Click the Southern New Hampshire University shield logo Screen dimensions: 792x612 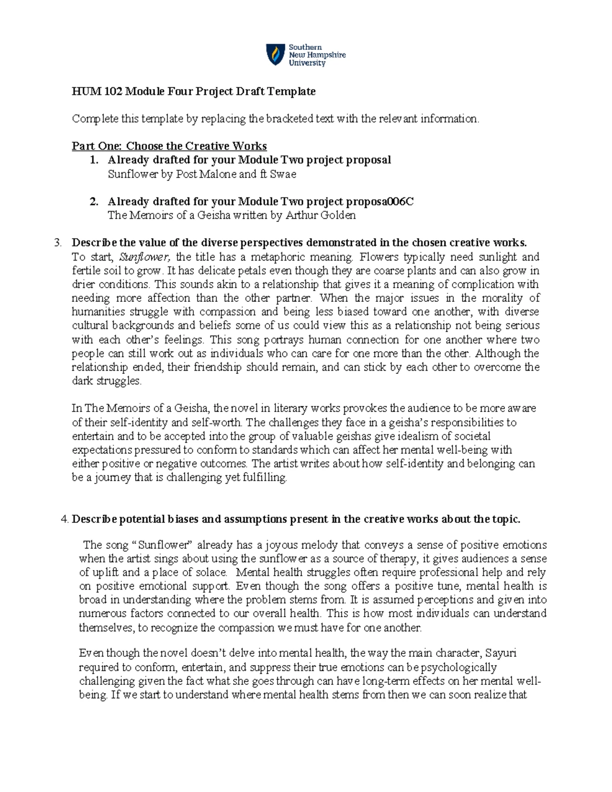[275, 55]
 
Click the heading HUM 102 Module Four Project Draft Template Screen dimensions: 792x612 [193, 91]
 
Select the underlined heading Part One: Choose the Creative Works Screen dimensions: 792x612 [169, 146]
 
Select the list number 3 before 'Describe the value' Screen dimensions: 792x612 [58, 242]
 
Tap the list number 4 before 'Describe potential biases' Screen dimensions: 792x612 [64, 519]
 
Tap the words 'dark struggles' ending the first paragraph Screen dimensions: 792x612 [106, 381]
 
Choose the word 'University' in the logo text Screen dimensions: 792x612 [307, 63]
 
